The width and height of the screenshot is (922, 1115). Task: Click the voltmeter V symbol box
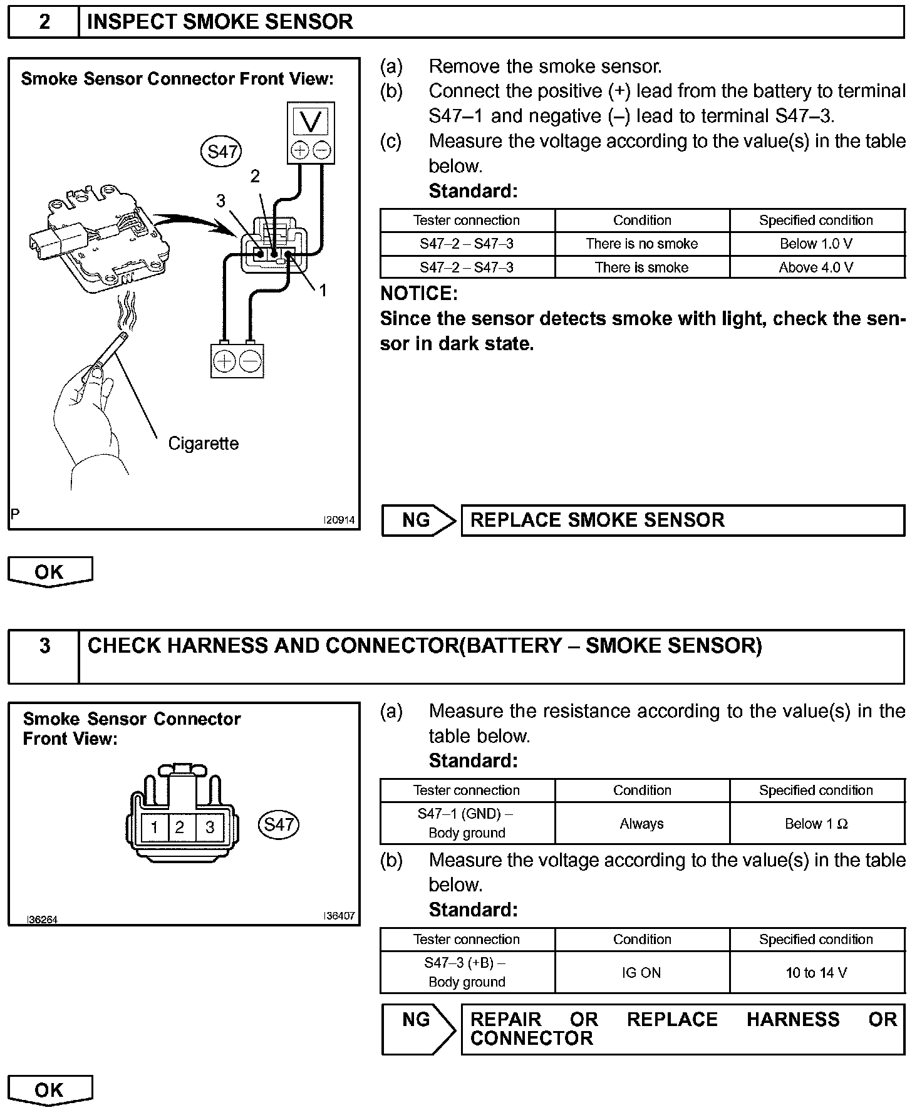[x=311, y=120]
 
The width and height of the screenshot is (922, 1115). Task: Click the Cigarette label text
[x=204, y=443]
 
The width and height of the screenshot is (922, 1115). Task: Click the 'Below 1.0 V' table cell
[x=816, y=244]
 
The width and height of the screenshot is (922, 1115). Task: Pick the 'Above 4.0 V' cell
[x=816, y=267]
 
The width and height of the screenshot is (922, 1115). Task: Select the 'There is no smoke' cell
[x=641, y=244]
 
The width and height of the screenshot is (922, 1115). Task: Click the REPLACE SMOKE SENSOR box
[x=682, y=520]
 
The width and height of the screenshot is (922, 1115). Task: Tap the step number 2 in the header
[x=44, y=22]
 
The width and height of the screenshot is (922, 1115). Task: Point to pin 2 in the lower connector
[x=180, y=827]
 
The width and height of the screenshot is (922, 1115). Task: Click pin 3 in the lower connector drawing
[x=210, y=827]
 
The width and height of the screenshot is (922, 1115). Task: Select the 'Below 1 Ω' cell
[x=816, y=824]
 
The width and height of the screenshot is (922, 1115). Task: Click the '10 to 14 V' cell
[x=816, y=973]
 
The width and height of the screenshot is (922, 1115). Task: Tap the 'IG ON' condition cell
[x=641, y=973]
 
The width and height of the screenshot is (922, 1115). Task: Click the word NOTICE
[x=418, y=294]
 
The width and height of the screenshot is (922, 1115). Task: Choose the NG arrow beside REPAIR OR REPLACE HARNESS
[x=418, y=1029]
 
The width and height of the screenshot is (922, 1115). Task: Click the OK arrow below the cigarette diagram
[x=49, y=571]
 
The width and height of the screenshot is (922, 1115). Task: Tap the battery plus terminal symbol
[x=224, y=361]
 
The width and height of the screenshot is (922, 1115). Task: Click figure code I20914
[x=339, y=520]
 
